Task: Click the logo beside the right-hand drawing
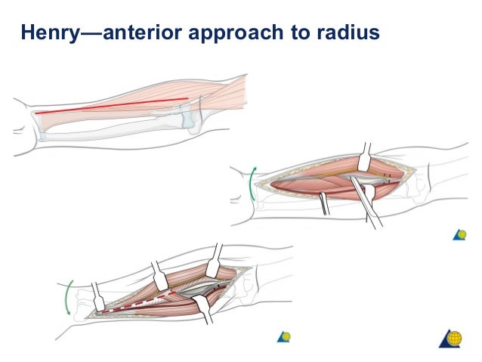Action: pyautogui.click(x=459, y=234)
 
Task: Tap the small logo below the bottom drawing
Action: pyautogui.click(x=284, y=336)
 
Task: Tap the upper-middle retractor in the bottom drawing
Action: pyautogui.click(x=159, y=275)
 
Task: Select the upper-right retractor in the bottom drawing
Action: pyautogui.click(x=214, y=260)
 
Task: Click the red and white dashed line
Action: pyautogui.click(x=144, y=300)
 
